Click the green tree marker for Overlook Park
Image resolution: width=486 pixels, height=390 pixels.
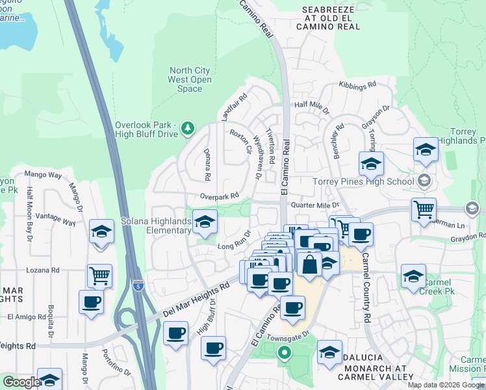(x=188, y=128)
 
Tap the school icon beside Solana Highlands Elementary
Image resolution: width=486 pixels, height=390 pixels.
(x=205, y=223)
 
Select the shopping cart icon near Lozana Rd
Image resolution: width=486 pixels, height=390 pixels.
(x=99, y=276)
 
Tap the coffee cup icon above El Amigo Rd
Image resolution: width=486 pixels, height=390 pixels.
(x=91, y=302)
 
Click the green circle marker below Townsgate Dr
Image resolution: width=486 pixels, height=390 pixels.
(x=283, y=354)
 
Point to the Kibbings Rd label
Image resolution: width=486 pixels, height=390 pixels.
(x=357, y=85)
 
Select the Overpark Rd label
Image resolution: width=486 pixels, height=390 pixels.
(x=220, y=195)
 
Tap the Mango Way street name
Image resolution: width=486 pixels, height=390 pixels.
(x=43, y=175)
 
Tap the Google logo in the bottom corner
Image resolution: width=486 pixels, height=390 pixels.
(x=21, y=382)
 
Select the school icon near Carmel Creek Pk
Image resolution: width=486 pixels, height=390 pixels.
(x=413, y=276)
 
